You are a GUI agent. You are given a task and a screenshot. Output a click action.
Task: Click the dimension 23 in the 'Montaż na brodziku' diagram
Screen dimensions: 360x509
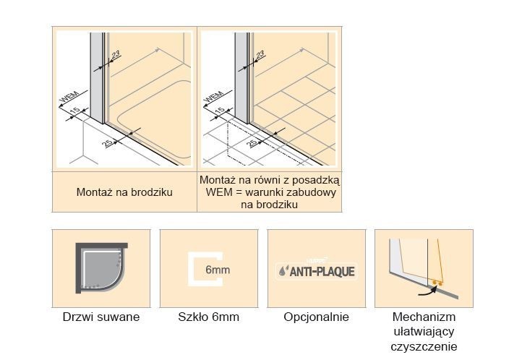116,56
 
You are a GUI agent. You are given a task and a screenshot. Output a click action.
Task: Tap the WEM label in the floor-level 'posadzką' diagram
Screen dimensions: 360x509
214,98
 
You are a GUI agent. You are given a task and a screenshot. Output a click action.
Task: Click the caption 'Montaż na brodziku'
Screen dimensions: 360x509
123,193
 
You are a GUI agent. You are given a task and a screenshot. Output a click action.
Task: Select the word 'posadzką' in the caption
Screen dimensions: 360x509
316,180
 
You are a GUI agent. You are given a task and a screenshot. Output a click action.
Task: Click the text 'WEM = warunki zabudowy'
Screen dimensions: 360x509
269,192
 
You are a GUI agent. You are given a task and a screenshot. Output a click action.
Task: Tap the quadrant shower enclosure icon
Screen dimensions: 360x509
100,268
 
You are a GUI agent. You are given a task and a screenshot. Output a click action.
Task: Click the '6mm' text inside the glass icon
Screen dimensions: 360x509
213,271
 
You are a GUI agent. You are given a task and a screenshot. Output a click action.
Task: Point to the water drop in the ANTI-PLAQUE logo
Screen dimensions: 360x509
283,273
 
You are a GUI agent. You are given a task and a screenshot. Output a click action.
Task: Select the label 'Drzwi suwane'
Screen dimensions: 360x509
100,317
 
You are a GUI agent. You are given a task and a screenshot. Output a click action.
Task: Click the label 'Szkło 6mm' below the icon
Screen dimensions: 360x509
208,317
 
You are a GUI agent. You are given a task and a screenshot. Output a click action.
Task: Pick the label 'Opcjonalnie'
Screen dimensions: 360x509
316,317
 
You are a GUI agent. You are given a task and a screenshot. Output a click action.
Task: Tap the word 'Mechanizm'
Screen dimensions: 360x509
424,317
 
